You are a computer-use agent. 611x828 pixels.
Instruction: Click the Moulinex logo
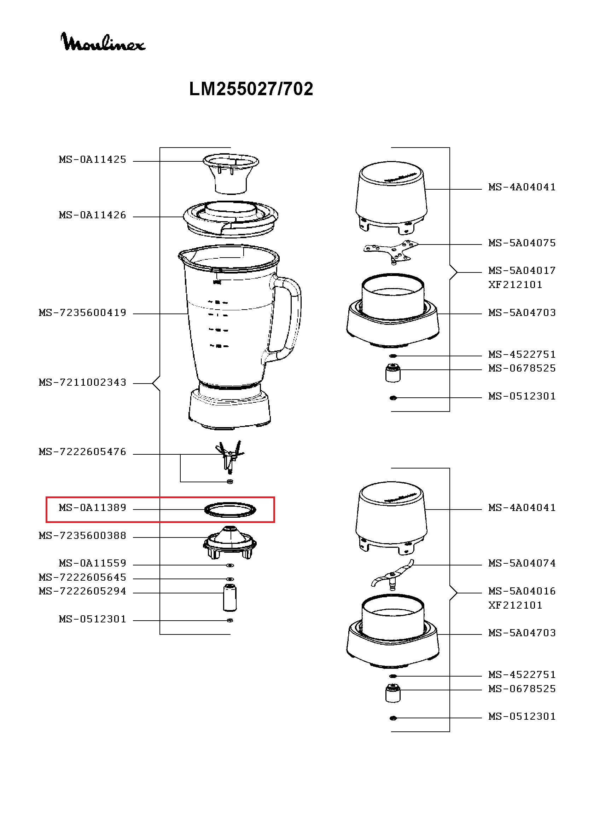click(x=103, y=42)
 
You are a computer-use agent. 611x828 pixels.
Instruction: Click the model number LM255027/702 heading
click(x=251, y=89)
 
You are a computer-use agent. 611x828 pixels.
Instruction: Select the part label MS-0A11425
click(x=93, y=160)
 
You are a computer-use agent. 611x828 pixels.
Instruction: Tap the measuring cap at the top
click(x=231, y=173)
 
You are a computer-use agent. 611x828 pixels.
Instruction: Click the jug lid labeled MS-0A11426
click(x=231, y=218)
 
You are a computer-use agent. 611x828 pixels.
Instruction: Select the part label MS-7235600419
click(x=82, y=313)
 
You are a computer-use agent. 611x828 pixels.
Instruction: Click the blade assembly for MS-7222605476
click(x=230, y=455)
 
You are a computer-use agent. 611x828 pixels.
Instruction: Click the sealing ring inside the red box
click(x=230, y=510)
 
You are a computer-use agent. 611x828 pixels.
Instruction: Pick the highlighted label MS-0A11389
click(x=93, y=507)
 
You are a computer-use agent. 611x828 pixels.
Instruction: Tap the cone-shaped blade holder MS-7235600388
click(x=230, y=542)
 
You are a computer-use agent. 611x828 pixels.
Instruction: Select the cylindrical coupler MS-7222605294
click(x=230, y=597)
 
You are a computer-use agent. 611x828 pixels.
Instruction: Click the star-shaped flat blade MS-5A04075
click(x=391, y=252)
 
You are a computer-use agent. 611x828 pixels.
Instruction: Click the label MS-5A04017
click(x=522, y=271)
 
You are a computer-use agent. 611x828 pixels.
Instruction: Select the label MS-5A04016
click(x=522, y=591)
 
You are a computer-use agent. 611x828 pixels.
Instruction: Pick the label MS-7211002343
click(x=82, y=383)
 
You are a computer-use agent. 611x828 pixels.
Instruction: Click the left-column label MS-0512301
click(x=93, y=619)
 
